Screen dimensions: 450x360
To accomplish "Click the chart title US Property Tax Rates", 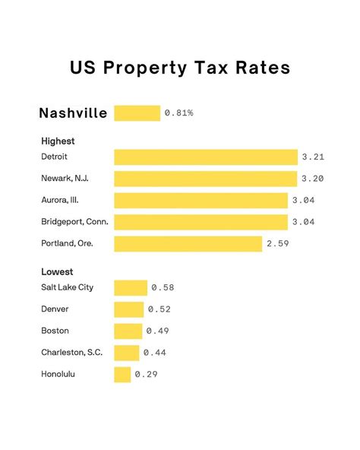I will pos(180,68).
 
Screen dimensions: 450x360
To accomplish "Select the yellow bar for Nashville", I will pos(137,113).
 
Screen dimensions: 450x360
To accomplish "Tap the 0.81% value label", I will pos(178,113).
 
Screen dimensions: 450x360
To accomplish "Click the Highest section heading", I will pos(58,141).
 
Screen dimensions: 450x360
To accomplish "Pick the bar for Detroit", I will pos(206,157).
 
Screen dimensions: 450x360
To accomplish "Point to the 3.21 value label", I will pos(313,157).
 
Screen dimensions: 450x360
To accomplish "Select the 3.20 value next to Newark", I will pos(312,179).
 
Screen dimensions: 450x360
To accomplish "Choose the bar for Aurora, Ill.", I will pos(201,201).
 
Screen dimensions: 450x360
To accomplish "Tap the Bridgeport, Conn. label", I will pos(74,222).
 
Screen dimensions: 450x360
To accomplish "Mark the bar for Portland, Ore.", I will pos(188,244).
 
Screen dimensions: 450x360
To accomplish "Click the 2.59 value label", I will pos(279,244).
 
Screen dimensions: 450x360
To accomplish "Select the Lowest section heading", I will pos(57,271).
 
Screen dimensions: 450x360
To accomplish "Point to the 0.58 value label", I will pos(163,287).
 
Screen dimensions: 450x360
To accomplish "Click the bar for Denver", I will pos(128,309).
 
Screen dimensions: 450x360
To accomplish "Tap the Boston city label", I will pos(55,331).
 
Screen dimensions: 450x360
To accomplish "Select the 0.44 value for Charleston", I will pos(154,353).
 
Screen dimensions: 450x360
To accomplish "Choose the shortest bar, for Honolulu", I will pos(122,375).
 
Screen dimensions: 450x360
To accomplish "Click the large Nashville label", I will pos(73,113).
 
